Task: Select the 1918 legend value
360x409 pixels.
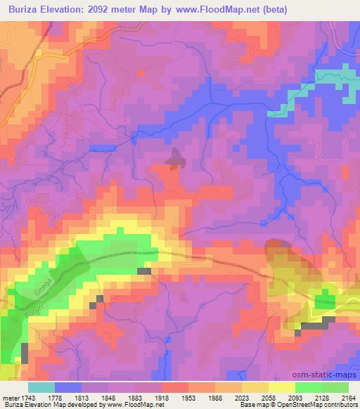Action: pos(162,397)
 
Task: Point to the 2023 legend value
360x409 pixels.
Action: pos(241,397)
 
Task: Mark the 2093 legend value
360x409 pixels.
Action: pos(294,397)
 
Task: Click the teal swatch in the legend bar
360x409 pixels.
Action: pos(41,387)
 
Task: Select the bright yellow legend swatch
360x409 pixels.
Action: pos(281,387)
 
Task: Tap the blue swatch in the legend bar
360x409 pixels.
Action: pos(68,387)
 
